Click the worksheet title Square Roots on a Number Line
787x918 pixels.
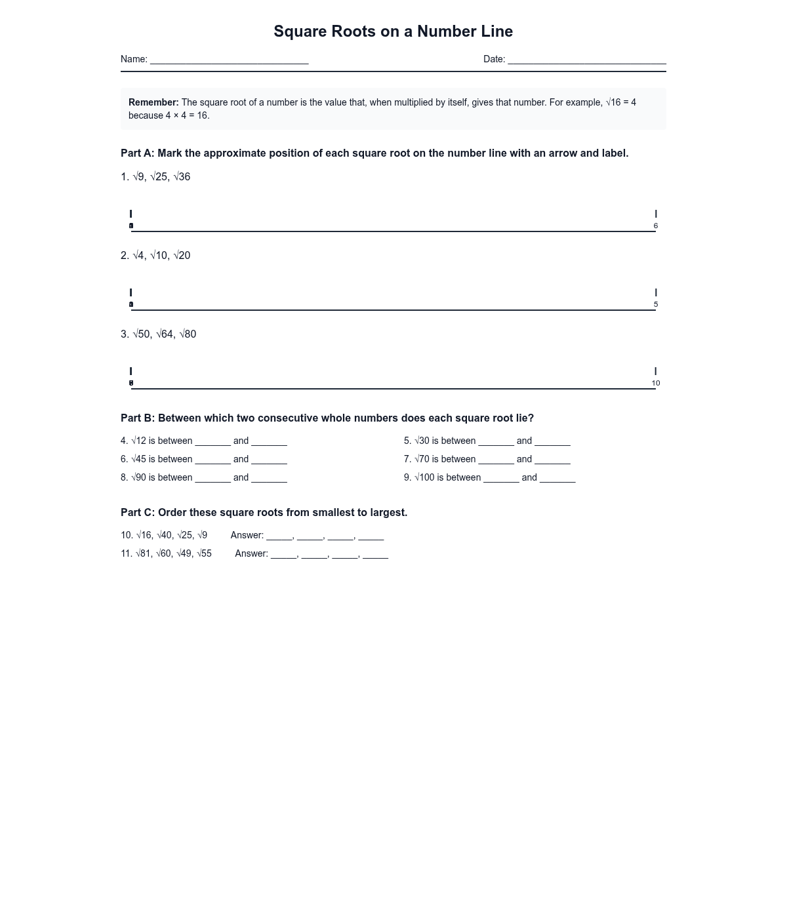(x=393, y=31)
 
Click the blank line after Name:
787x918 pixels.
(x=229, y=60)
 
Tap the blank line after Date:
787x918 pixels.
(x=587, y=60)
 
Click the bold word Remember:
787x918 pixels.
(x=153, y=102)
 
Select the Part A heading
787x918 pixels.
(x=374, y=153)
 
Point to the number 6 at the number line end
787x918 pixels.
(x=655, y=226)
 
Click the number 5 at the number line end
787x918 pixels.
(x=655, y=304)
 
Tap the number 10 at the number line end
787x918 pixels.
(x=655, y=383)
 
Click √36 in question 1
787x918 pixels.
(x=182, y=177)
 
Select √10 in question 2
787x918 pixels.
(x=159, y=256)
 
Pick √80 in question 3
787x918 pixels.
(x=188, y=334)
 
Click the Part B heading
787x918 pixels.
(x=327, y=418)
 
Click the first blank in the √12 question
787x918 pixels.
(x=212, y=442)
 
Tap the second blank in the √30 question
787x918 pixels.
(x=552, y=442)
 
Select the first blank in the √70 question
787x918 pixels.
(x=496, y=460)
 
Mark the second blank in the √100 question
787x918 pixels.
(x=557, y=479)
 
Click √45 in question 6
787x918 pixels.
(x=138, y=460)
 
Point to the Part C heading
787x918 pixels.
(x=264, y=513)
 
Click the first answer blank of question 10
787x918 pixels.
(x=279, y=536)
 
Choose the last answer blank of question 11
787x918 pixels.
(x=375, y=555)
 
